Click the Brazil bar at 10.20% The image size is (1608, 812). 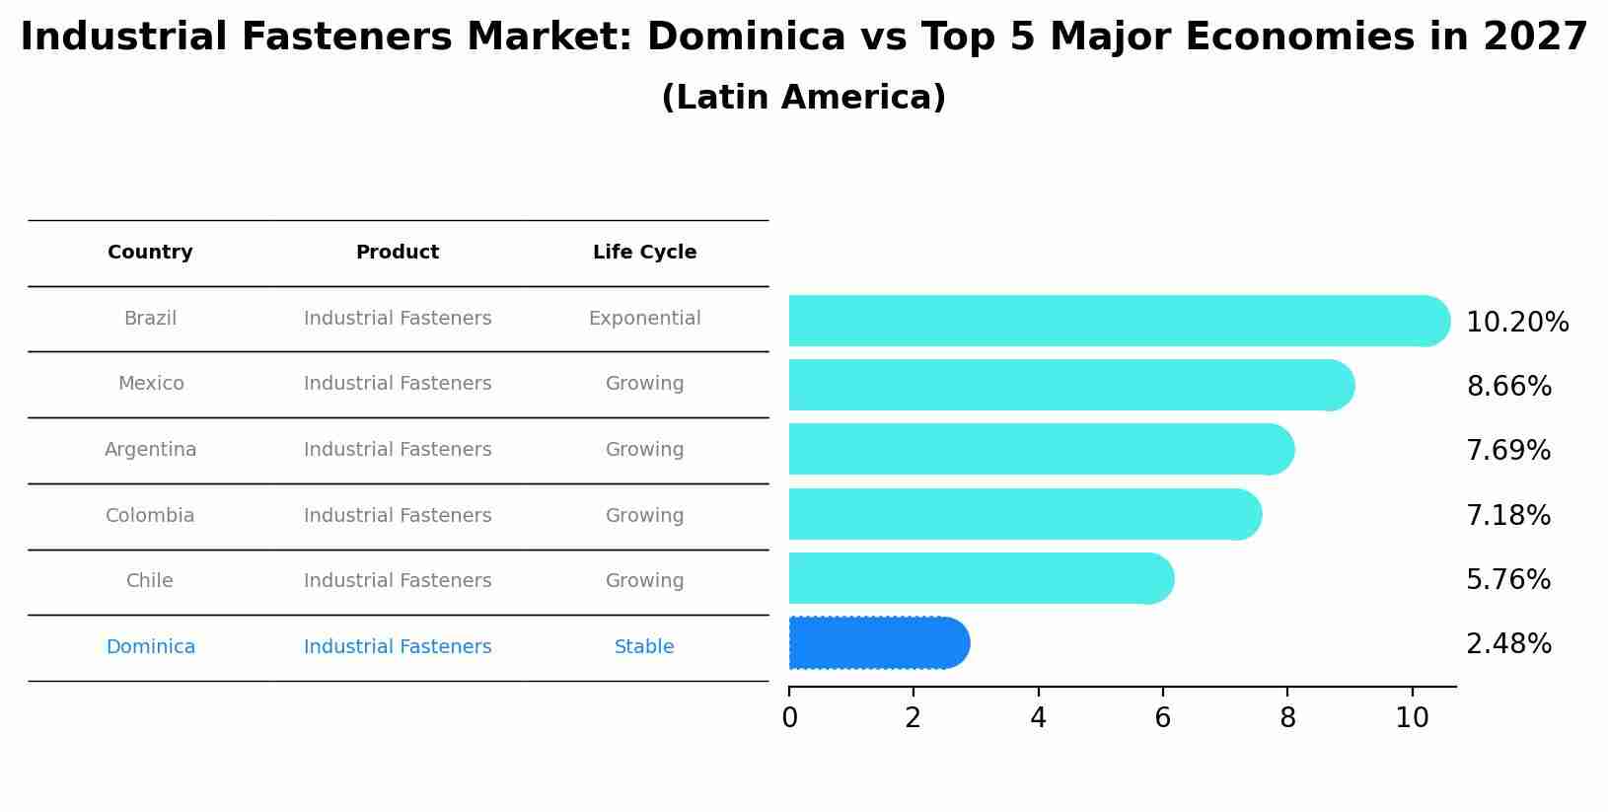(1115, 321)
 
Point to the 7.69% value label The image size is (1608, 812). (1508, 451)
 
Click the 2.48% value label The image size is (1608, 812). (1508, 644)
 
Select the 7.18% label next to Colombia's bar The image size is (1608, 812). (1508, 516)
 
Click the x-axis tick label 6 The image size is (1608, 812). (1163, 718)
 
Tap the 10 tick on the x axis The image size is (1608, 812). (1412, 718)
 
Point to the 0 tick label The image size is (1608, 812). (789, 718)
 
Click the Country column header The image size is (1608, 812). (150, 253)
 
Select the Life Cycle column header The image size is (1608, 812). (644, 253)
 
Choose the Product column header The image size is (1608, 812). (398, 253)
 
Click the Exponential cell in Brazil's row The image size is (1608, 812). (644, 319)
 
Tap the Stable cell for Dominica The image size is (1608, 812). (644, 647)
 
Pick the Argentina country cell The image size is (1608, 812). (150, 450)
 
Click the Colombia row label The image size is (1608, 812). (150, 516)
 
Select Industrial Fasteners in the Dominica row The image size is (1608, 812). (398, 647)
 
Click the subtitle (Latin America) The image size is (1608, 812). (803, 98)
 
